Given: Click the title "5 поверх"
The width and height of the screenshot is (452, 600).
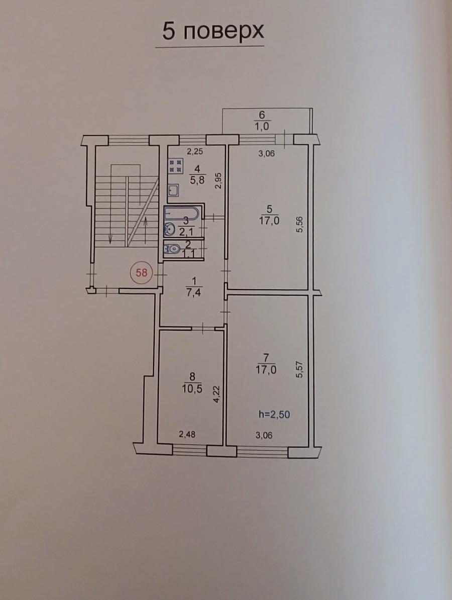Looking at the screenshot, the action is click(x=213, y=31).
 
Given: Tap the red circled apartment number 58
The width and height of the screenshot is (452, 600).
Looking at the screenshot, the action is click(x=142, y=273).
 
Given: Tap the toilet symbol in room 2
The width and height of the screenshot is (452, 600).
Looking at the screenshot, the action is click(x=172, y=249).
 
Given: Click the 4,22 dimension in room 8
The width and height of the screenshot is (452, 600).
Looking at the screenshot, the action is click(x=216, y=394).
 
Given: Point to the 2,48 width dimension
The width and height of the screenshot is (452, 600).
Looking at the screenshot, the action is click(x=187, y=434).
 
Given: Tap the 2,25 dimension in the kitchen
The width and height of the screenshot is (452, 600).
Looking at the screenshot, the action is click(x=195, y=152).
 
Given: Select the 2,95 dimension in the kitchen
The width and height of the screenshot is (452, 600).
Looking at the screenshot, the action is click(x=218, y=181).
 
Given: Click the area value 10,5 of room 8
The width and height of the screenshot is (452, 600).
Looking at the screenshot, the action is click(x=193, y=389).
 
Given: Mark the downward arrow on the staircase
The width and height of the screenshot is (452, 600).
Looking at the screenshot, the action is click(x=110, y=223).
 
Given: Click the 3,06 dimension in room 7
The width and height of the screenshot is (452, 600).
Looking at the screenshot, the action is click(x=264, y=435).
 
